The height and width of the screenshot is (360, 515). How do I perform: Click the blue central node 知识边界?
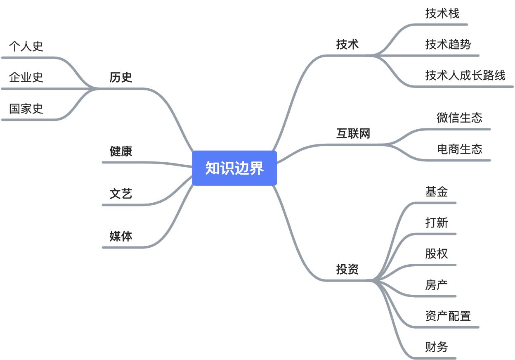point(234,168)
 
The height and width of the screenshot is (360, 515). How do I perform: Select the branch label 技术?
point(347,44)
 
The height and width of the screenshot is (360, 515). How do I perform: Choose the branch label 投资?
point(347,270)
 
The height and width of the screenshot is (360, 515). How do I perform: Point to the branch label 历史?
point(121,77)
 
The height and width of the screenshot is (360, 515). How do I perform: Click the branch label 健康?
point(121,151)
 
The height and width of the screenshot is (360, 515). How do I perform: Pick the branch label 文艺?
point(121,194)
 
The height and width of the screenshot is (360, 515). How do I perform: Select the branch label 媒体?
point(121,236)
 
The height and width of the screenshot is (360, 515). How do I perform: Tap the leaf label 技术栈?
point(442,13)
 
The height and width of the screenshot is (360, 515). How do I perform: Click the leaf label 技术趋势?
point(448,44)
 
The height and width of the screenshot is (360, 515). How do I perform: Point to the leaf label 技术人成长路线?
point(465,75)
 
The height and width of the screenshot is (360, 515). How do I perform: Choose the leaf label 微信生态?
point(459,118)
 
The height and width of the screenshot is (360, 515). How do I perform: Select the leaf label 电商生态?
point(459,149)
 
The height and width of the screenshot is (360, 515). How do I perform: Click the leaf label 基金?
point(437,192)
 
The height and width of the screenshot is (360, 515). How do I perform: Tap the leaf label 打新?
point(437,223)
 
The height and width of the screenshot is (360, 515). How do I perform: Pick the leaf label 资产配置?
point(448,316)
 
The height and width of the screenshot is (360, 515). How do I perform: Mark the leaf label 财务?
point(437,347)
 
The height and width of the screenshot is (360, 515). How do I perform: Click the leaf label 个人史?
point(26,46)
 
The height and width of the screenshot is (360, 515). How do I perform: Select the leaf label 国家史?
point(26,109)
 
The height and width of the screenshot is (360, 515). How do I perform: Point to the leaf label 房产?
point(437,285)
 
